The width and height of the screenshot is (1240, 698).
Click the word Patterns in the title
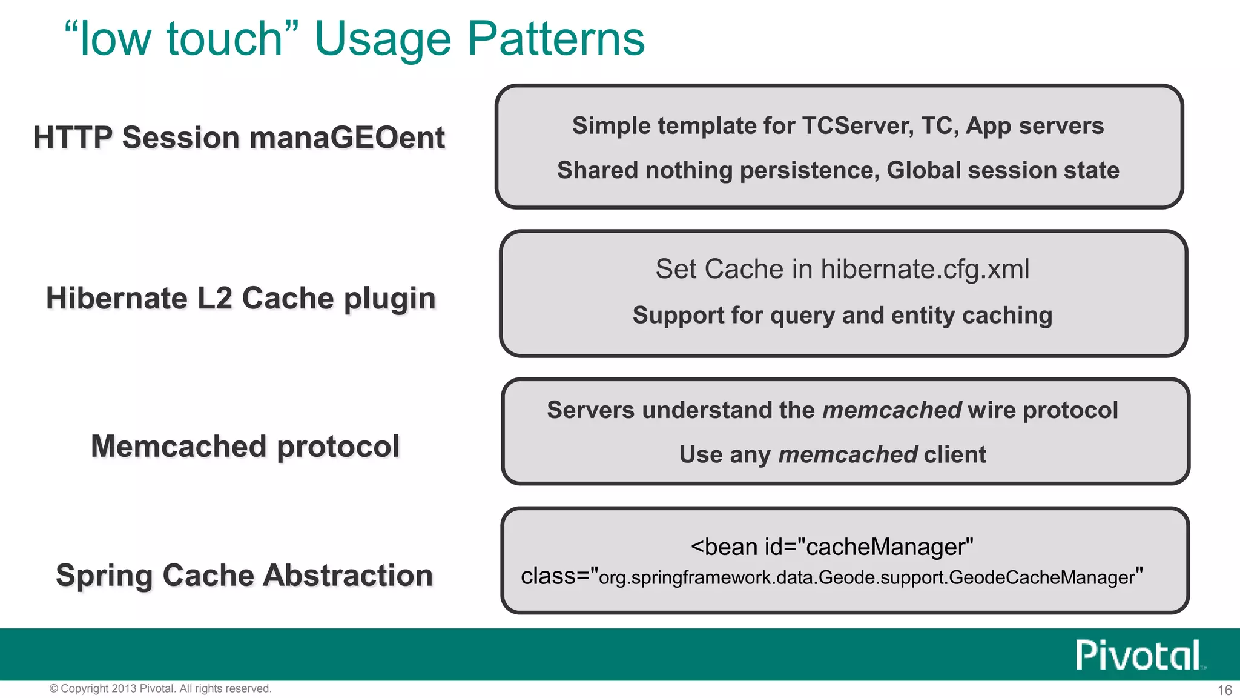tap(556, 39)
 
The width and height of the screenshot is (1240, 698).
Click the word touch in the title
tap(225, 39)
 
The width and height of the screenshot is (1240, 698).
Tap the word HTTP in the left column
tap(73, 138)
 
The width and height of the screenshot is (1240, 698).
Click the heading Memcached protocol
tap(245, 447)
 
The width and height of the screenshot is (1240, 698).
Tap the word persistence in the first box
tap(810, 170)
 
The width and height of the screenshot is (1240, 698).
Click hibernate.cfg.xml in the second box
tap(925, 269)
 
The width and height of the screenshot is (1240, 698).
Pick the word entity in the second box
tap(923, 316)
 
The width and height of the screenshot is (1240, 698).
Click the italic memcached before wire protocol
tap(892, 410)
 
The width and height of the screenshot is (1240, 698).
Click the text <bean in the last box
tap(724, 547)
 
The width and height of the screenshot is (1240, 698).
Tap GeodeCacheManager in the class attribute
tap(1041, 577)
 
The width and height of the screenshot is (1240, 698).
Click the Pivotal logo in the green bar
tap(1139, 655)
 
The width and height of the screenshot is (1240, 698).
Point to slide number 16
tap(1224, 690)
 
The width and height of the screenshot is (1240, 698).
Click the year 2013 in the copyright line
tap(124, 689)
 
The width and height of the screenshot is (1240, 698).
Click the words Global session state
tap(1003, 170)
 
